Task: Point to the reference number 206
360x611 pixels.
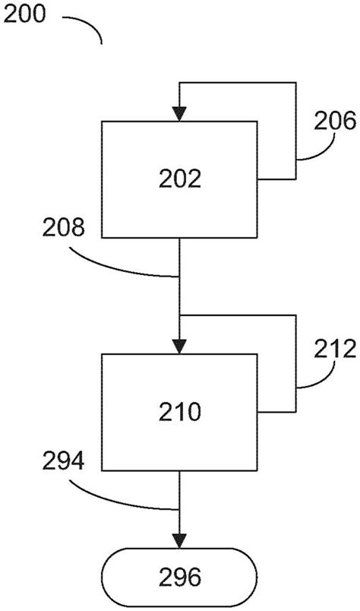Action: (333, 119)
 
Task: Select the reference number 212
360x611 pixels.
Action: (333, 349)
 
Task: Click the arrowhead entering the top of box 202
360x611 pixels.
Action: (179, 114)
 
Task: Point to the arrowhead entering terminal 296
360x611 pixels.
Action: (179, 540)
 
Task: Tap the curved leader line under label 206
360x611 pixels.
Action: (315, 152)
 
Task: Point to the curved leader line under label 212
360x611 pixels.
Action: (315, 381)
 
